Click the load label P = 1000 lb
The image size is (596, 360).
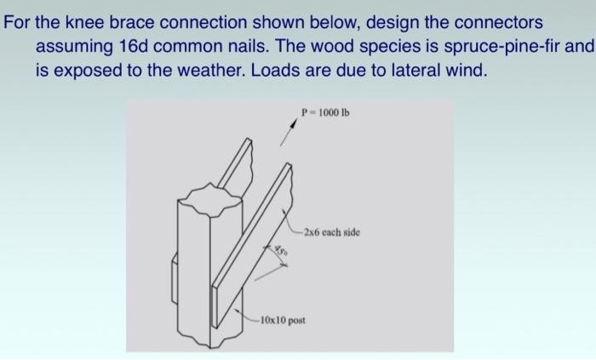coord(325,112)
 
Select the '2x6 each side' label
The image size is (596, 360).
coord(331,231)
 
